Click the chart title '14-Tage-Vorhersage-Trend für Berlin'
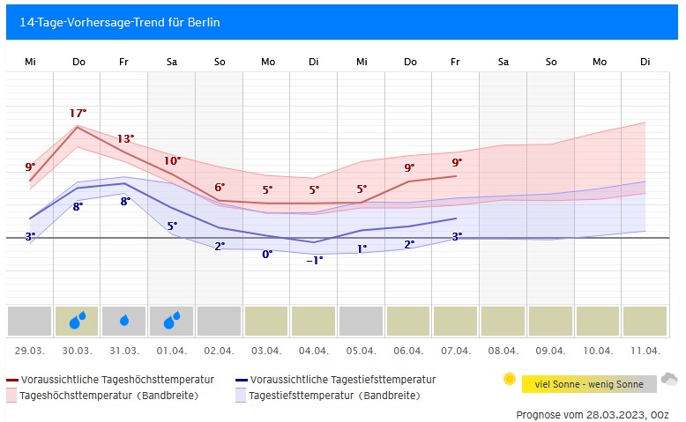pyautogui.click(x=120, y=22)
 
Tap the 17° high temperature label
pyautogui.click(x=78, y=114)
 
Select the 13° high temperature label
pyautogui.click(x=125, y=139)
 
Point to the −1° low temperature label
pyautogui.click(x=315, y=260)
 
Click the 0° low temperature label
pyautogui.click(x=267, y=254)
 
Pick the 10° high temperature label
pyautogui.click(x=172, y=161)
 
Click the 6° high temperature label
pyautogui.click(x=220, y=188)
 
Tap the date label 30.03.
pyautogui.click(x=78, y=351)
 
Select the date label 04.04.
pyautogui.click(x=315, y=351)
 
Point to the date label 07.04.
pyautogui.click(x=457, y=351)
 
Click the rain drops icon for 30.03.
pyautogui.click(x=78, y=322)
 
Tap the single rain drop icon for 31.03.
pyautogui.click(x=125, y=322)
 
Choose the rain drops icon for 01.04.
pyautogui.click(x=172, y=322)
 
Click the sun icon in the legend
pyautogui.click(x=509, y=380)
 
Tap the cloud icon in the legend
pyautogui.click(x=669, y=380)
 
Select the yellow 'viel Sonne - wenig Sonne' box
pyautogui.click(x=589, y=384)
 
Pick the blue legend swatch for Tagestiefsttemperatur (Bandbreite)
pyautogui.click(x=241, y=396)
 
